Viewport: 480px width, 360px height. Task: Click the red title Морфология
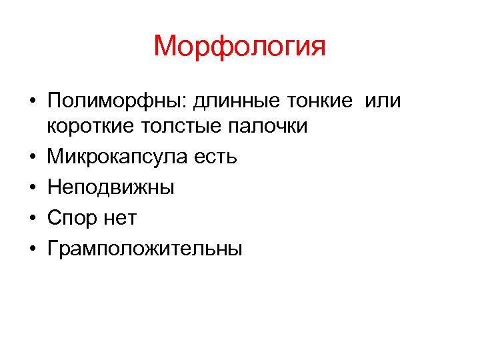[x=239, y=47]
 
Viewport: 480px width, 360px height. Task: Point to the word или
[x=385, y=101]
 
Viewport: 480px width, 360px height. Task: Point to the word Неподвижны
[x=111, y=187]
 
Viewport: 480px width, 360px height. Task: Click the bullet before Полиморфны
[x=31, y=102]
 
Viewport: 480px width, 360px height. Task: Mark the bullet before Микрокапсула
[x=31, y=157]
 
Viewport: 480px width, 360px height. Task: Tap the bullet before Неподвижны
[x=31, y=188]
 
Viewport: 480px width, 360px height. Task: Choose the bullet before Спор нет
[x=31, y=219]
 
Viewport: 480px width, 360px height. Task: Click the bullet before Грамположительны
[x=31, y=249]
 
